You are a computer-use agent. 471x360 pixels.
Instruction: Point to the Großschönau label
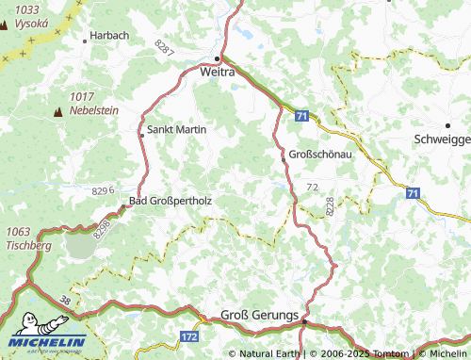click(x=314, y=155)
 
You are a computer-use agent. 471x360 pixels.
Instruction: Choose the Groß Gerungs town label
click(x=259, y=314)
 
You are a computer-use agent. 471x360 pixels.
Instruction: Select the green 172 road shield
click(x=188, y=335)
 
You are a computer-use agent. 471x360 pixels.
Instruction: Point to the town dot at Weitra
click(x=221, y=57)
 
